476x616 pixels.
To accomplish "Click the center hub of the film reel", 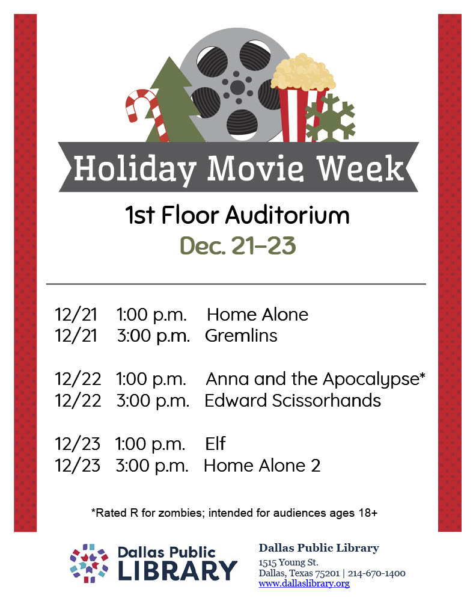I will click(x=237, y=87).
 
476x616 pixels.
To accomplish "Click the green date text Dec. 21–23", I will click(x=237, y=246).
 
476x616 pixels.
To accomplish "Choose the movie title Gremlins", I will click(x=241, y=335).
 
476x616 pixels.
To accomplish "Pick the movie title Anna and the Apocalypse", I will click(x=316, y=379).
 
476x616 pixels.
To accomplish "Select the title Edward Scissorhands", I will click(x=293, y=400).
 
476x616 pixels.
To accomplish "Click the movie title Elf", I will click(x=215, y=444).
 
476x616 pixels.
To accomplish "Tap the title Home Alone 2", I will click(x=262, y=465).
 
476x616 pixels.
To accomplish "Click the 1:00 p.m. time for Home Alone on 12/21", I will click(x=151, y=314).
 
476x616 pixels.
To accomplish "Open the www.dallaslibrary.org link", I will click(x=304, y=584).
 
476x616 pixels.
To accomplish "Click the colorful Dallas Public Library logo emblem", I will click(x=89, y=563).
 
